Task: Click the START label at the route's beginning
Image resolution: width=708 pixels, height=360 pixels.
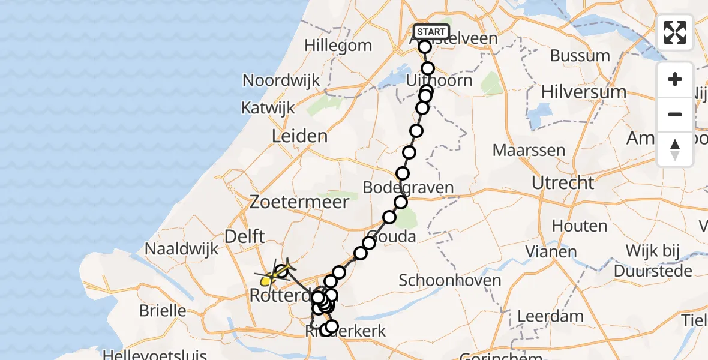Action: click(x=431, y=32)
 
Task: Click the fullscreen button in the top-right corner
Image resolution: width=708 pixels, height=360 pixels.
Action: click(x=675, y=32)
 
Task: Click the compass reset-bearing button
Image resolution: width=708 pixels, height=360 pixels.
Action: click(x=675, y=149)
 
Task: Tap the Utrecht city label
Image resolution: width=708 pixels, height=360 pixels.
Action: click(x=563, y=182)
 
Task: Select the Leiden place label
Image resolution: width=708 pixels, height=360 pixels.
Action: click(x=299, y=136)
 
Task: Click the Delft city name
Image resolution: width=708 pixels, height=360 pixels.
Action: click(x=244, y=236)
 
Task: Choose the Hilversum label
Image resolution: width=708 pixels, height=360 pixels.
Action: click(x=583, y=92)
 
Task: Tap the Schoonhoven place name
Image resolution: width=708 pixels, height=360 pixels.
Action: click(x=449, y=280)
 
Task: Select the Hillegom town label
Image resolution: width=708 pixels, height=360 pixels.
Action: click(x=338, y=45)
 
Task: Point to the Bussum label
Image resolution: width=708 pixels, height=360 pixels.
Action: click(x=580, y=56)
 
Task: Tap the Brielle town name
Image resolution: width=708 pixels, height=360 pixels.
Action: click(x=162, y=311)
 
